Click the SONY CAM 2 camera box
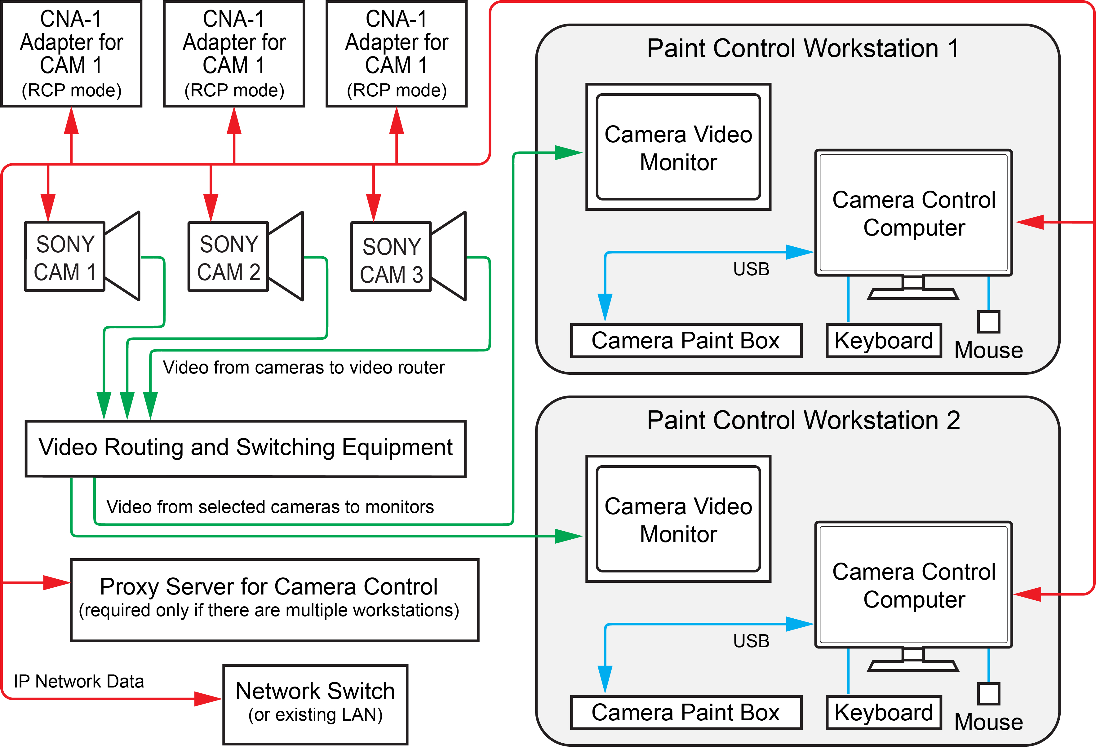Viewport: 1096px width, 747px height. pyautogui.click(x=228, y=257)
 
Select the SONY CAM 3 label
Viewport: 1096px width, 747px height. pyautogui.click(x=391, y=260)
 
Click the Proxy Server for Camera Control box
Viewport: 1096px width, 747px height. pyautogui.click(x=274, y=600)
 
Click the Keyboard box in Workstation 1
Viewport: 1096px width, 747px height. pyautogui.click(x=883, y=340)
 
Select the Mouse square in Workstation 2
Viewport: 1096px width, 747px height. pyautogui.click(x=988, y=693)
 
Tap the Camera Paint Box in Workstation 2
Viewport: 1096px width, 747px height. pyautogui.click(x=686, y=712)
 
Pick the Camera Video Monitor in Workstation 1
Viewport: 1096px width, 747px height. pyautogui.click(x=678, y=147)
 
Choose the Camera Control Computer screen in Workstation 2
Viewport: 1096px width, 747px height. pyautogui.click(x=913, y=585)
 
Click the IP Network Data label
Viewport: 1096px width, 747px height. pyautogui.click(x=79, y=682)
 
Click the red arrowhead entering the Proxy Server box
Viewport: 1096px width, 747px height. pyautogui.click(x=57, y=583)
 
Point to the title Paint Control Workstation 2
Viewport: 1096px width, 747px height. pyautogui.click(x=803, y=420)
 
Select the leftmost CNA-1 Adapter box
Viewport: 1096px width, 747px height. pyautogui.click(x=71, y=54)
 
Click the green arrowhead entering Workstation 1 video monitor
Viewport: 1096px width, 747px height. pyautogui.click(x=568, y=153)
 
